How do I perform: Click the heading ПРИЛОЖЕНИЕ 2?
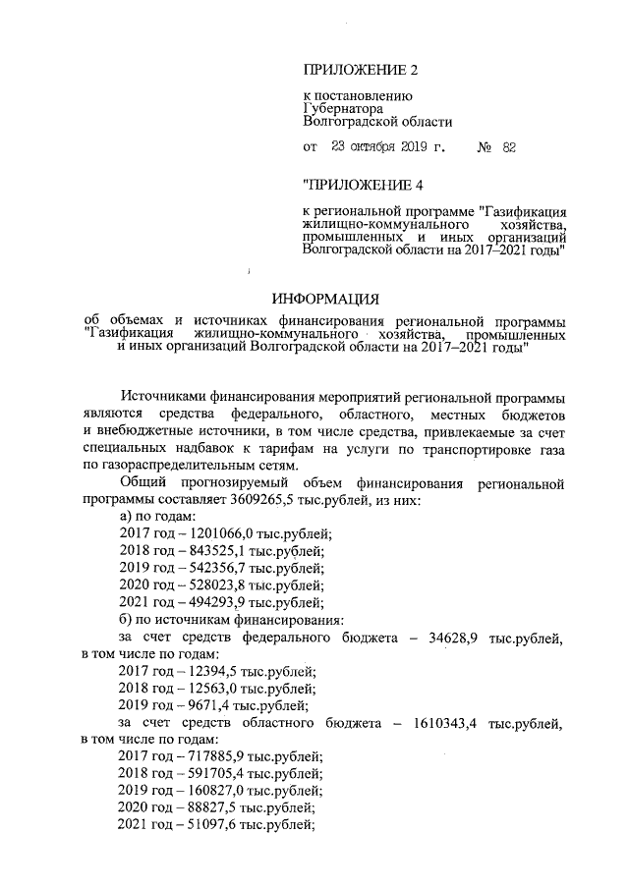[x=361, y=70]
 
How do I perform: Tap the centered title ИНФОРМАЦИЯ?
[x=324, y=299]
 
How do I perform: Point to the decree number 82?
[x=508, y=148]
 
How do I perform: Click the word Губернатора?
[x=343, y=109]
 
